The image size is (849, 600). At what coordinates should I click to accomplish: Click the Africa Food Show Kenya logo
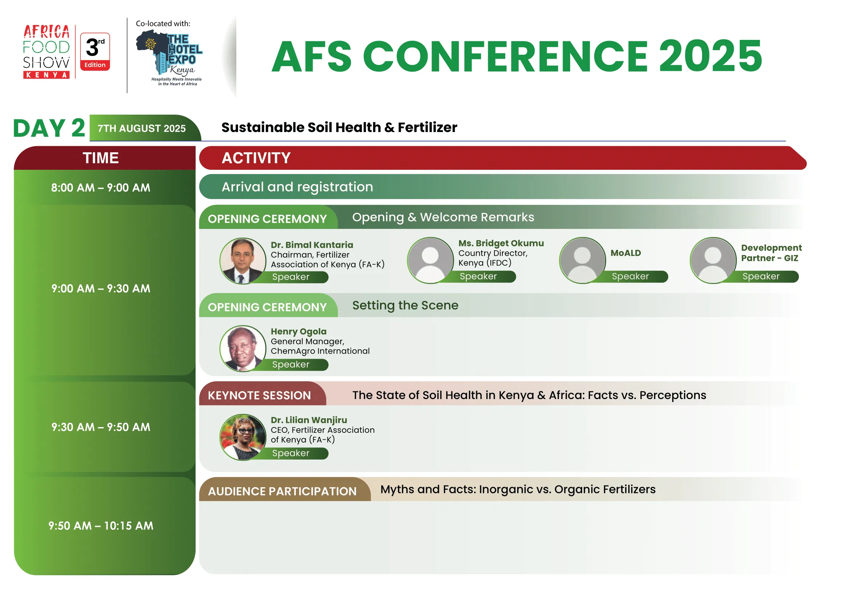point(46,52)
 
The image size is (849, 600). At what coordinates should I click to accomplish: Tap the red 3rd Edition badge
point(95,52)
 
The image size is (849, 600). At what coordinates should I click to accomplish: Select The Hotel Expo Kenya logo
point(170,58)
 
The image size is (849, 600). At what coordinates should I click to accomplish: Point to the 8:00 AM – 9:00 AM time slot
point(101,188)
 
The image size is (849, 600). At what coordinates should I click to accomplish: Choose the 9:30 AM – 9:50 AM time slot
point(101,427)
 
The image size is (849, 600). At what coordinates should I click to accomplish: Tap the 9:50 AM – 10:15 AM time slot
point(101,526)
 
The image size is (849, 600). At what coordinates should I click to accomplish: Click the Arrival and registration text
point(297,187)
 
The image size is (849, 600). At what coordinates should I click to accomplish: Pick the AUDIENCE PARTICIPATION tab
point(285,489)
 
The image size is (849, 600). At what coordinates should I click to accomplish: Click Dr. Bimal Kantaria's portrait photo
point(243,261)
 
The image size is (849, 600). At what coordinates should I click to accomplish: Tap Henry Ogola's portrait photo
point(243,348)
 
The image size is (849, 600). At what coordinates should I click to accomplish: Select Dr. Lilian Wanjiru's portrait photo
point(243,437)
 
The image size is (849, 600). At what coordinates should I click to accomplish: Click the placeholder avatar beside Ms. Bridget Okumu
point(430,260)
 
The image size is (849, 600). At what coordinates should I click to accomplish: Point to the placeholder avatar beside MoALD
point(582,260)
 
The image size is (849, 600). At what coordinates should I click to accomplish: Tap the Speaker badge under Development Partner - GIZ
point(761,276)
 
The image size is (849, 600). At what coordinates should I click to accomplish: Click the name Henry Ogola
point(298,332)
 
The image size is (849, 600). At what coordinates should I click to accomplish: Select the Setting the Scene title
point(405,305)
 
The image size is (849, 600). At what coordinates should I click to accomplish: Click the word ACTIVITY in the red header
point(256,158)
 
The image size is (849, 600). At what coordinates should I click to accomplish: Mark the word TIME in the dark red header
point(101,158)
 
